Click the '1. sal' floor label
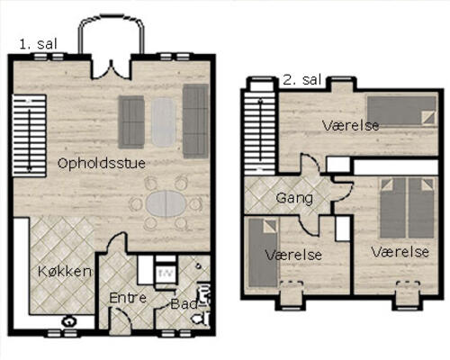pyautogui.click(x=38, y=44)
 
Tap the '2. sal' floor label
pyautogui.click(x=302, y=80)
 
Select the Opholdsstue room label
pyautogui.click(x=102, y=164)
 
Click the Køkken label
pyautogui.click(x=65, y=271)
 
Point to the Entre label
pyautogui.click(x=128, y=298)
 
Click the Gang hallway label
pyautogui.click(x=294, y=198)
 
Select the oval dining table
pyautogui.click(x=166, y=203)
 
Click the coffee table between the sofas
pyautogui.click(x=163, y=122)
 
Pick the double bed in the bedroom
pyautogui.click(x=407, y=208)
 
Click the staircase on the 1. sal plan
pyautogui.click(x=29, y=136)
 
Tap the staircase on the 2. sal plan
pyautogui.click(x=260, y=133)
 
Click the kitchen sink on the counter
pyautogui.click(x=69, y=322)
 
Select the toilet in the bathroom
pyautogui.click(x=202, y=318)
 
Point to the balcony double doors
pyautogui.click(x=111, y=69)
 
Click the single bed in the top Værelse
pyautogui.click(x=401, y=111)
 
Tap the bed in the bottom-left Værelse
pyautogui.click(x=263, y=253)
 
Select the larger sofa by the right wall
pyautogui.click(x=195, y=121)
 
